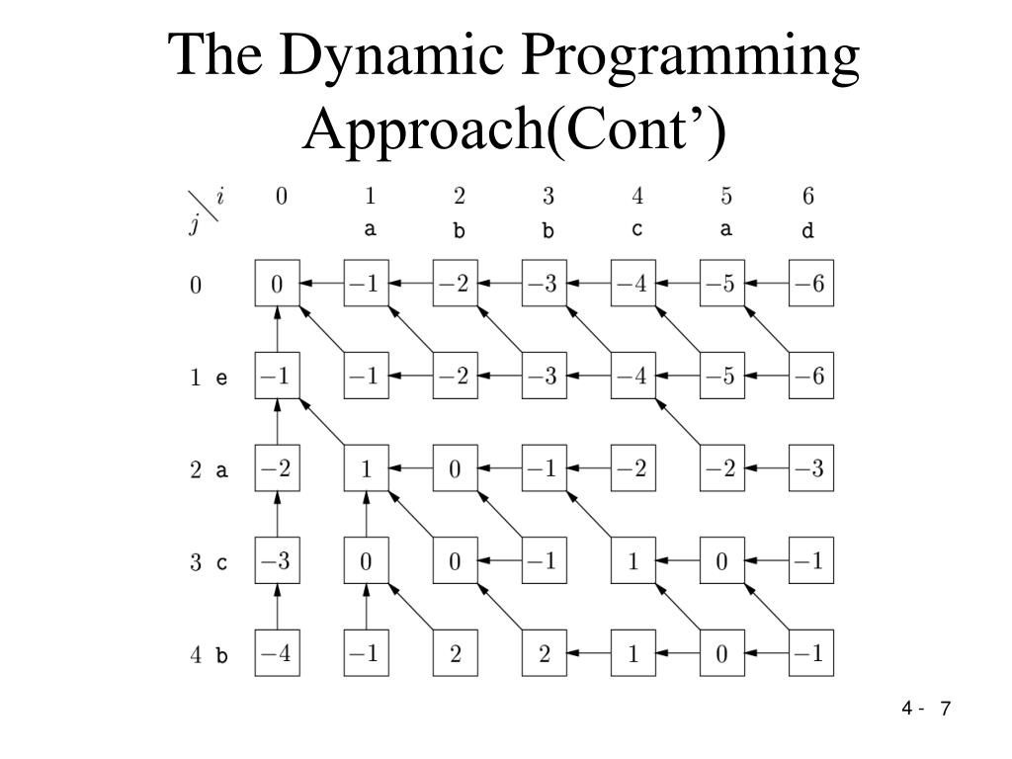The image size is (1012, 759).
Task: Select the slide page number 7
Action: (946, 709)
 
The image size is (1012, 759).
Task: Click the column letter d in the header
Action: (807, 231)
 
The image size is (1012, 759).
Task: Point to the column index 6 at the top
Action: (808, 196)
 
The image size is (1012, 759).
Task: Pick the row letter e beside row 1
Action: (221, 378)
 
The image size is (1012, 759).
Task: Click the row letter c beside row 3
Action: (221, 563)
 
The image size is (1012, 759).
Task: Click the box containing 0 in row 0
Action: (278, 284)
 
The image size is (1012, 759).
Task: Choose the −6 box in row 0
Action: (811, 284)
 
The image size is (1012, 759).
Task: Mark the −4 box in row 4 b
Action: (278, 654)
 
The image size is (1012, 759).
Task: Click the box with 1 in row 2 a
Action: (367, 469)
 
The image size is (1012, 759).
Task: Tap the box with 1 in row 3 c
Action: (633, 562)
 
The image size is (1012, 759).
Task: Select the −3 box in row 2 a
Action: (811, 469)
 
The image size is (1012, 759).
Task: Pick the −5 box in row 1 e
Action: (722, 378)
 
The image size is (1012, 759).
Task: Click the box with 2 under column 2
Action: (456, 654)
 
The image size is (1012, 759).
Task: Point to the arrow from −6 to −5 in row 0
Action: (767, 284)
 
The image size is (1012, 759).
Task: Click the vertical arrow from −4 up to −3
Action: (278, 608)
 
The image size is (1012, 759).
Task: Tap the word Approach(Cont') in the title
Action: (514, 126)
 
